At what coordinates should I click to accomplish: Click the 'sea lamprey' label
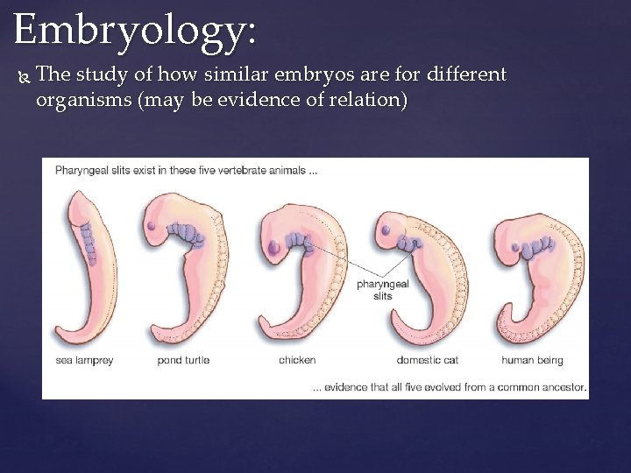(x=84, y=360)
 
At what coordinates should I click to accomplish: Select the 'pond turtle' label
(x=184, y=360)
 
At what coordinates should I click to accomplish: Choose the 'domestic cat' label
(x=427, y=360)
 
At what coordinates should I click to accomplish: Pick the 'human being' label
(x=532, y=360)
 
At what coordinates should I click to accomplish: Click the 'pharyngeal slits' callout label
(x=383, y=290)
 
